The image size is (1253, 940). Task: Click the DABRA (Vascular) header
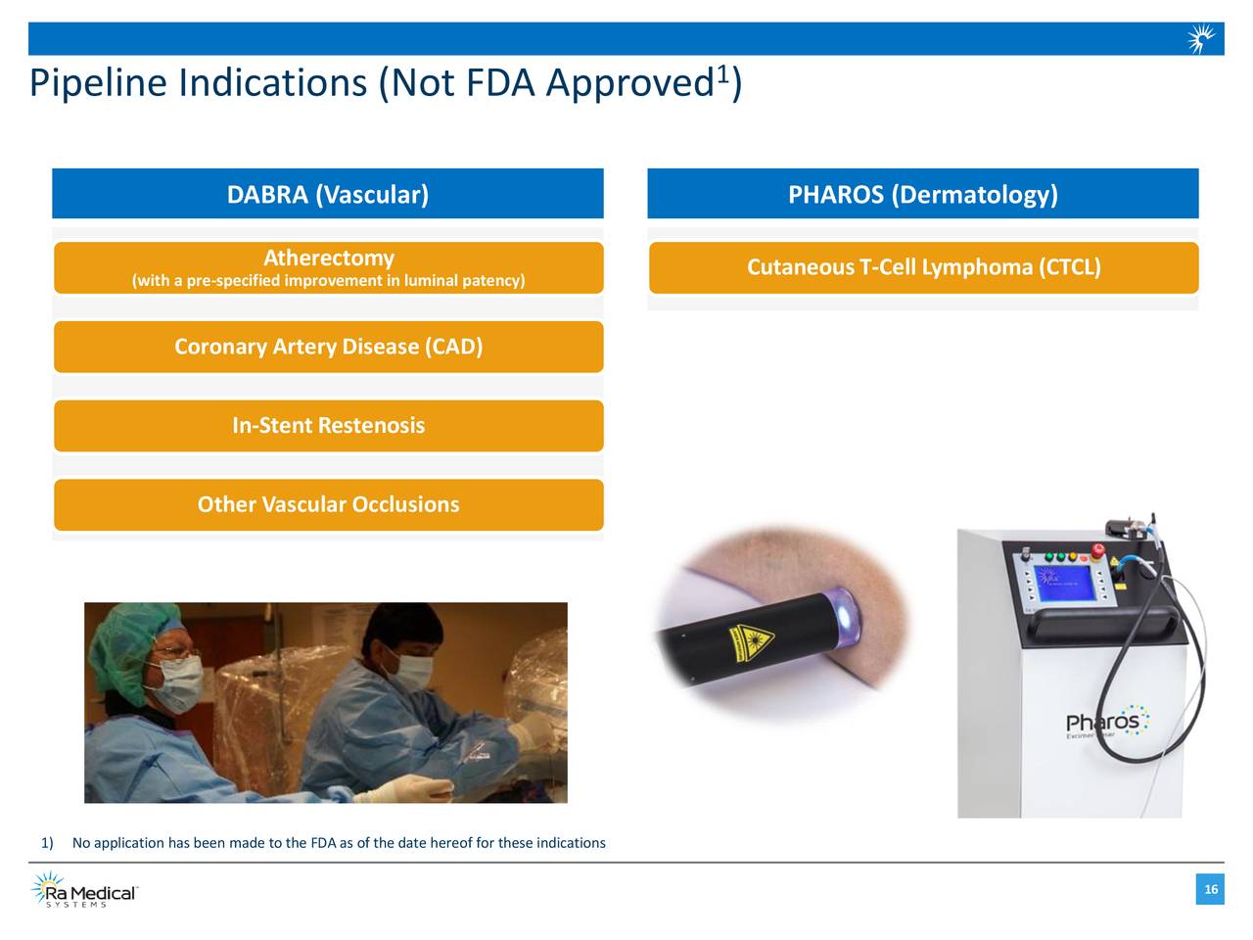328,195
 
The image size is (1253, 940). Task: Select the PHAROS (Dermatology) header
923,195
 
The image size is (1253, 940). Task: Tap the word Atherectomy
329,258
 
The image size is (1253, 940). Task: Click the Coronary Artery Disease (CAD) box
329,347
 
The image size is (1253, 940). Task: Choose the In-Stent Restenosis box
329,426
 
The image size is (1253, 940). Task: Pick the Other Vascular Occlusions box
329,505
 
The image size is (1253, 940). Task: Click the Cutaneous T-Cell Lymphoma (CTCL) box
924,267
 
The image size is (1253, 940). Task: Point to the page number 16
1211,889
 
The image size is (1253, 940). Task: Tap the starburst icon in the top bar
1201,39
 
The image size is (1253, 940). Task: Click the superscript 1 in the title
722,72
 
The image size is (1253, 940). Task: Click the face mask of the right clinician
409,669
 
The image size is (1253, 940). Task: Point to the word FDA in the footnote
323,843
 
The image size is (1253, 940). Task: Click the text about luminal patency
329,281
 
